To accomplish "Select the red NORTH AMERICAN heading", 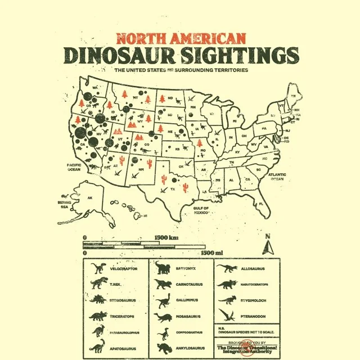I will click(x=181, y=39).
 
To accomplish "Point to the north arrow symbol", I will click(x=268, y=246).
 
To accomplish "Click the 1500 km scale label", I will click(x=166, y=238).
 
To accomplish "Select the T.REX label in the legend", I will click(x=115, y=285).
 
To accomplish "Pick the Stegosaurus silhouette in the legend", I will click(x=99, y=300).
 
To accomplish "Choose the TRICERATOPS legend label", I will click(x=121, y=316).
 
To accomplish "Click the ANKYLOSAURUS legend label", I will click(x=188, y=348).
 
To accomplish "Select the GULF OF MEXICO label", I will click(x=201, y=211).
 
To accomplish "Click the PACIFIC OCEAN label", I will click(x=74, y=166).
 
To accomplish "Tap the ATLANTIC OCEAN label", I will click(x=277, y=176).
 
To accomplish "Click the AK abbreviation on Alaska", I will click(x=89, y=197).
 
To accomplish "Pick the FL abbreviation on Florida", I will click(x=261, y=204).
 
